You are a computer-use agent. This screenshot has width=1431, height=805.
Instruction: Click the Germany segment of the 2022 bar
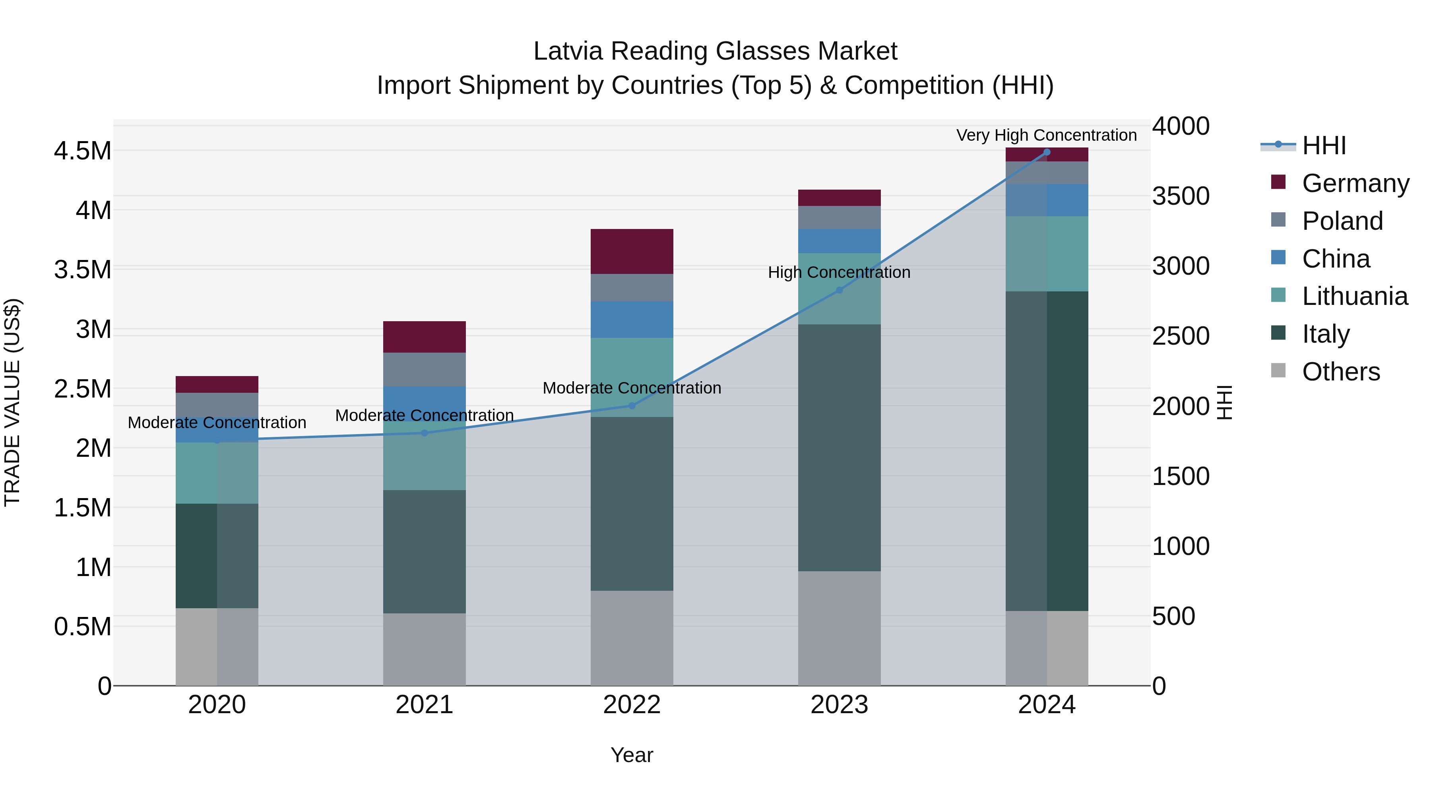(x=632, y=251)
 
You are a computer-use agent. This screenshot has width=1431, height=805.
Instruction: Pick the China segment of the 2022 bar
(x=632, y=320)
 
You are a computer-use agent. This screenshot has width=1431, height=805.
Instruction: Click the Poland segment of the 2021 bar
(x=425, y=369)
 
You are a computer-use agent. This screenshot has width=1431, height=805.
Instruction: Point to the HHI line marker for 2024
(x=1047, y=152)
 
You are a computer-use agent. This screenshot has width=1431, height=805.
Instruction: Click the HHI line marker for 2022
(x=632, y=405)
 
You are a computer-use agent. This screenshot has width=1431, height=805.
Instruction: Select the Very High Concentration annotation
(x=1046, y=135)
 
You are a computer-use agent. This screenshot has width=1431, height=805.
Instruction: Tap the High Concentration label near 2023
(x=839, y=272)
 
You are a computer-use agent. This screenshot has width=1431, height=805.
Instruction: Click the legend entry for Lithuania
(x=1354, y=296)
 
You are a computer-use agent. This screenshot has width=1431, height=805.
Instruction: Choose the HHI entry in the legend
(x=1323, y=145)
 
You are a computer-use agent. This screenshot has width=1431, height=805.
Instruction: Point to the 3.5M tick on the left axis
(x=82, y=270)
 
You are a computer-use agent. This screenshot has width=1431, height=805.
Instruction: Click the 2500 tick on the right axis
(x=1181, y=336)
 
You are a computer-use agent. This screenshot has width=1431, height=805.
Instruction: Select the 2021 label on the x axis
(x=425, y=705)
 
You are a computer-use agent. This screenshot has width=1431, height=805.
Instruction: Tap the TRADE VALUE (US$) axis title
(x=12, y=402)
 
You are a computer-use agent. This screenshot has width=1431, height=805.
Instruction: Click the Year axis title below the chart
(x=632, y=755)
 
